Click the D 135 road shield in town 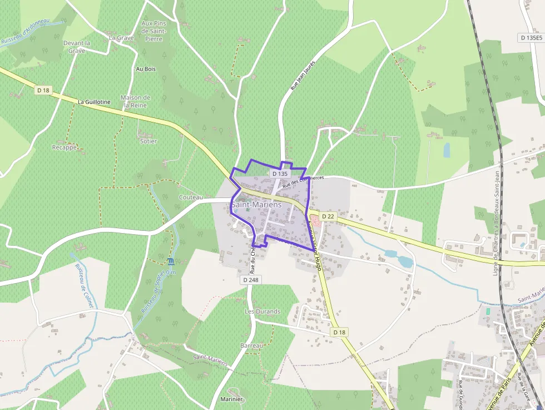pyautogui.click(x=279, y=174)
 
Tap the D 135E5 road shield pyautogui.click(x=530, y=38)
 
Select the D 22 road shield pyautogui.click(x=328, y=216)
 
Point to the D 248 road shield pyautogui.click(x=251, y=279)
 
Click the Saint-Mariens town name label pyautogui.click(x=256, y=205)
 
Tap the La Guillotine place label pyautogui.click(x=94, y=102)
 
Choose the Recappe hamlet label pyautogui.click(x=64, y=147)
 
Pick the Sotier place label pyautogui.click(x=148, y=141)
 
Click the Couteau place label pyautogui.click(x=191, y=197)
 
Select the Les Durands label pyautogui.click(x=262, y=312)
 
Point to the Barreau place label pyautogui.click(x=251, y=345)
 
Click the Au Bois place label pyautogui.click(x=146, y=69)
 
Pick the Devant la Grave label pyautogui.click(x=77, y=47)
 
